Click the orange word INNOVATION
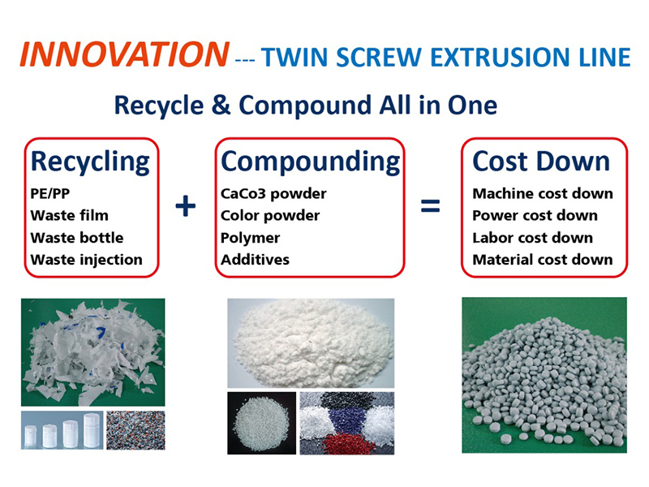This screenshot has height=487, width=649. click(x=124, y=54)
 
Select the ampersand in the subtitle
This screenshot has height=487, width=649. click(x=221, y=105)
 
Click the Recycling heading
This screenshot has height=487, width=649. click(x=90, y=162)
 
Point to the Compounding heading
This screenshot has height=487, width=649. click(x=311, y=162)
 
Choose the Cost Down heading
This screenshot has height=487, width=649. click(x=541, y=161)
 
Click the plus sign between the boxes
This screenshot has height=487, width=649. click(x=186, y=206)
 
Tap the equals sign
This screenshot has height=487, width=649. click(x=430, y=206)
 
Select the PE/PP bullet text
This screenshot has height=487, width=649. click(x=50, y=193)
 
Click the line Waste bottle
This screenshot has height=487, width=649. click(x=77, y=238)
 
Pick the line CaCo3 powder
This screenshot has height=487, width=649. click(x=273, y=193)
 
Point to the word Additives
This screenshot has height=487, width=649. click(x=255, y=260)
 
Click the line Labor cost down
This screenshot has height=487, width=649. click(x=533, y=238)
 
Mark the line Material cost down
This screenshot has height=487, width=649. click(x=543, y=260)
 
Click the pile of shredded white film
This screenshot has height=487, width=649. click(x=93, y=352)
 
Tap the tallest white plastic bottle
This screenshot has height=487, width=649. click(x=92, y=431)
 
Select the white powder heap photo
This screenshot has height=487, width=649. click(x=312, y=342)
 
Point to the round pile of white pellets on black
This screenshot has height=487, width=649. click(x=261, y=424)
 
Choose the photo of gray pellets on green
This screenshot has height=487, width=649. click(x=544, y=375)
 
